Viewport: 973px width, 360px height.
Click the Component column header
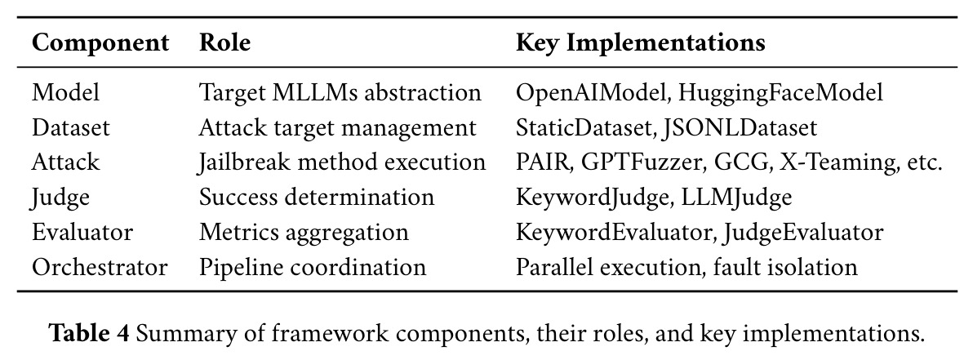100,43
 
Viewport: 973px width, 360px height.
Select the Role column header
224,42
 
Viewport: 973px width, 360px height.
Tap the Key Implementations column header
641,43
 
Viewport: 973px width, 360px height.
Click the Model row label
65,92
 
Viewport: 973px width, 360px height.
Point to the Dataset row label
71,127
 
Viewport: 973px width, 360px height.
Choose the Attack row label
65,162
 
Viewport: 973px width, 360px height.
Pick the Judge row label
60,198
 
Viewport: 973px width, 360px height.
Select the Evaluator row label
82,232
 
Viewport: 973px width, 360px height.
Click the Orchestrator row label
100,267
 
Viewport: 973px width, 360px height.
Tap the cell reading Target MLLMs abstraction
340,92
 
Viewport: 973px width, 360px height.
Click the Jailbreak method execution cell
342,162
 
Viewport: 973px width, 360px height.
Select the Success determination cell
317,198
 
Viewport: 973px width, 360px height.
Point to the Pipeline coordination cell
312,268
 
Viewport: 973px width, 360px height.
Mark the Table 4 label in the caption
89,333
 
